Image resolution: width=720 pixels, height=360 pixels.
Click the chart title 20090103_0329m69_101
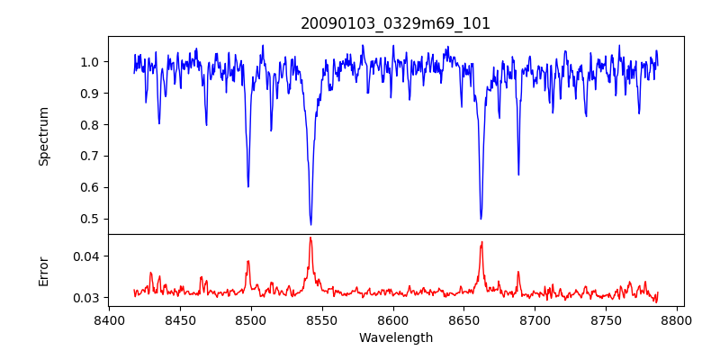pos(395,23)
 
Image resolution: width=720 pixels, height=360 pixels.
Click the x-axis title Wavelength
pos(395,337)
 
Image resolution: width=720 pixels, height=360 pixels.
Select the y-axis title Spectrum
pos(44,136)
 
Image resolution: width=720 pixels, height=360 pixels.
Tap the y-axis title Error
pos(44,270)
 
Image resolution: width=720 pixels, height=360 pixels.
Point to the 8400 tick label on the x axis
pos(109,319)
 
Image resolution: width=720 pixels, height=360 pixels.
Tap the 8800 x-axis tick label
pos(678,319)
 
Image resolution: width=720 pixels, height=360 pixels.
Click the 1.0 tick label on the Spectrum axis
pos(90,62)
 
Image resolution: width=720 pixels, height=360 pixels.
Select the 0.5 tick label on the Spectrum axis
pos(90,219)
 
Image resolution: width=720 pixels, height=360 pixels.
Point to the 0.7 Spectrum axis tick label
pos(90,156)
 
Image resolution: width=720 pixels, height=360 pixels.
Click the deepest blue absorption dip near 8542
pos(310,224)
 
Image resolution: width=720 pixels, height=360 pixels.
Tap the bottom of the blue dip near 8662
pos(481,219)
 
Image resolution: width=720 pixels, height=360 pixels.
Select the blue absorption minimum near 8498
pos(248,186)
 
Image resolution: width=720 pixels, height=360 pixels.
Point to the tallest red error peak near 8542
pos(310,238)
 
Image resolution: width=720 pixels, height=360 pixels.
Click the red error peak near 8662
pos(481,242)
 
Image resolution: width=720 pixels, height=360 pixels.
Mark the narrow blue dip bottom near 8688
pos(518,175)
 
